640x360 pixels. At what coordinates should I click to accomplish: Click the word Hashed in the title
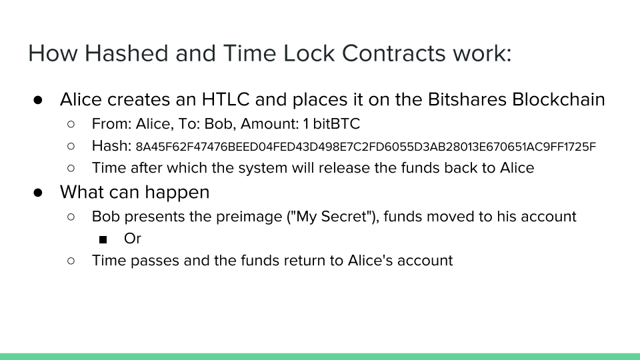click(x=126, y=53)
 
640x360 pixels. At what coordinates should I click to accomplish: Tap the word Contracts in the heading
click(x=393, y=53)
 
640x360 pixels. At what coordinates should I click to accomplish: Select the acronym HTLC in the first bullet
click(x=225, y=99)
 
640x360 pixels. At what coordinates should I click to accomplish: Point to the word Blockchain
click(x=559, y=99)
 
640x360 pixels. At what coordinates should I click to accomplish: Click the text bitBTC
click(x=336, y=124)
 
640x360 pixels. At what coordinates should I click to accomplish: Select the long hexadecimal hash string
click(x=366, y=147)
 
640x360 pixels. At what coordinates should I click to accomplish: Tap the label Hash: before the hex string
click(x=111, y=146)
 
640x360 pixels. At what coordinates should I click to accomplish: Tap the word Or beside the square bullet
click(x=133, y=239)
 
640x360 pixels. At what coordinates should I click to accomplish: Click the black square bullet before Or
click(x=103, y=239)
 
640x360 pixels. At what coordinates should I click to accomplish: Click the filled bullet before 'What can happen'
click(x=38, y=193)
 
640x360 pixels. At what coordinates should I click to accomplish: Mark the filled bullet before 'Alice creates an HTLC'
click(x=38, y=100)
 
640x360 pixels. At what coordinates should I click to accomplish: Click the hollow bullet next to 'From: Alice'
click(x=71, y=124)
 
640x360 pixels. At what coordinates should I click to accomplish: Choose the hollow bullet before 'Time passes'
click(x=71, y=261)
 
